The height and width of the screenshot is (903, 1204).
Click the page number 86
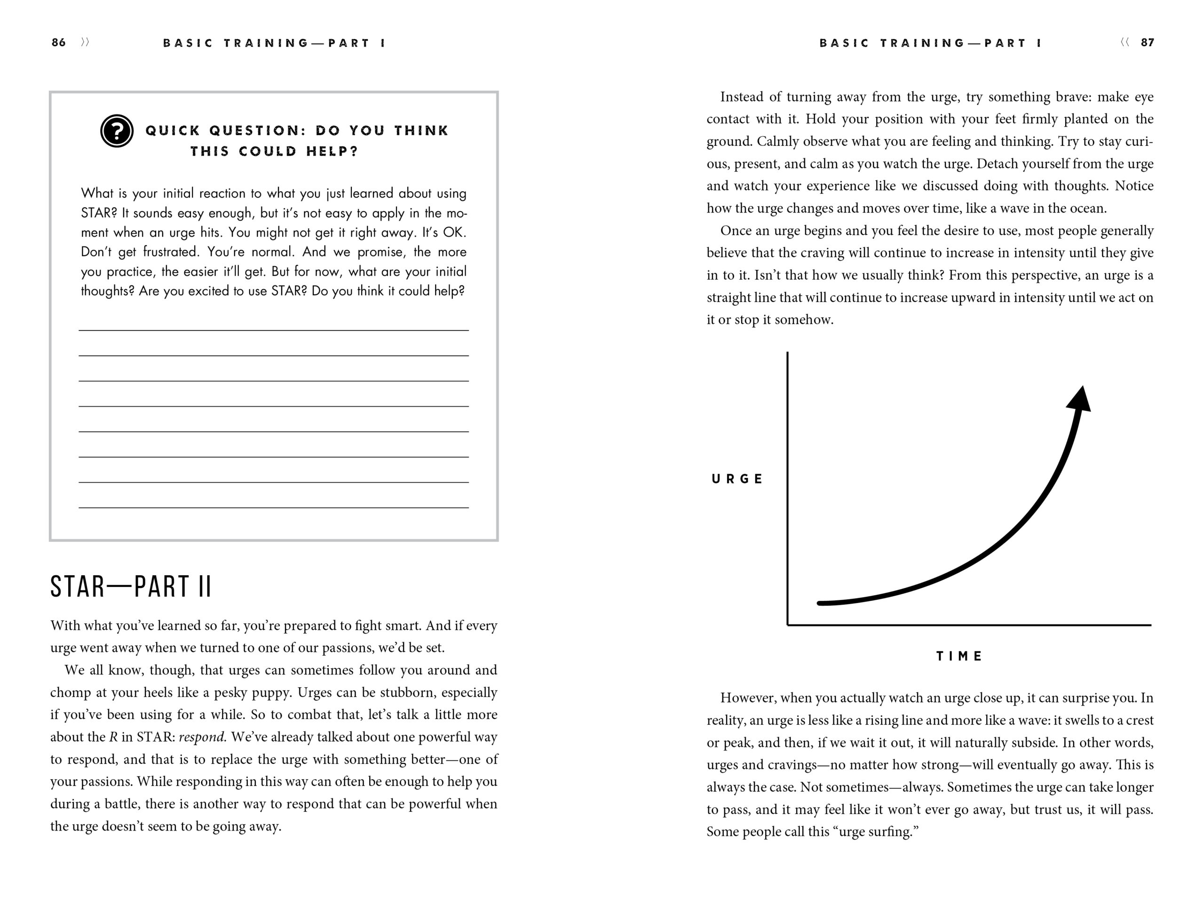58,42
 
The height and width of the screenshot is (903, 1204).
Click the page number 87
1148,42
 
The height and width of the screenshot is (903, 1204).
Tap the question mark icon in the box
117,131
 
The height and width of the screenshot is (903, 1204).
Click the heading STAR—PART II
131,587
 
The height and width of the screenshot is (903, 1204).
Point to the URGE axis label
737,479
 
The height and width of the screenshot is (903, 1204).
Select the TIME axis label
959,656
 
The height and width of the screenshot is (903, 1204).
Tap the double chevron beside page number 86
85,42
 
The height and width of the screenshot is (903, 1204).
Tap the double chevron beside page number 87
1125,42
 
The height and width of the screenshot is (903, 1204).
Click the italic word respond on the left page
201,737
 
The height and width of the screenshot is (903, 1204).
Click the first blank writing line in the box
273,329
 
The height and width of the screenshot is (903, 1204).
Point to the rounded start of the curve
820,603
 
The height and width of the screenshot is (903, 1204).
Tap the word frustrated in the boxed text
171,252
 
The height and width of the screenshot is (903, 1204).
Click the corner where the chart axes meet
788,625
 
